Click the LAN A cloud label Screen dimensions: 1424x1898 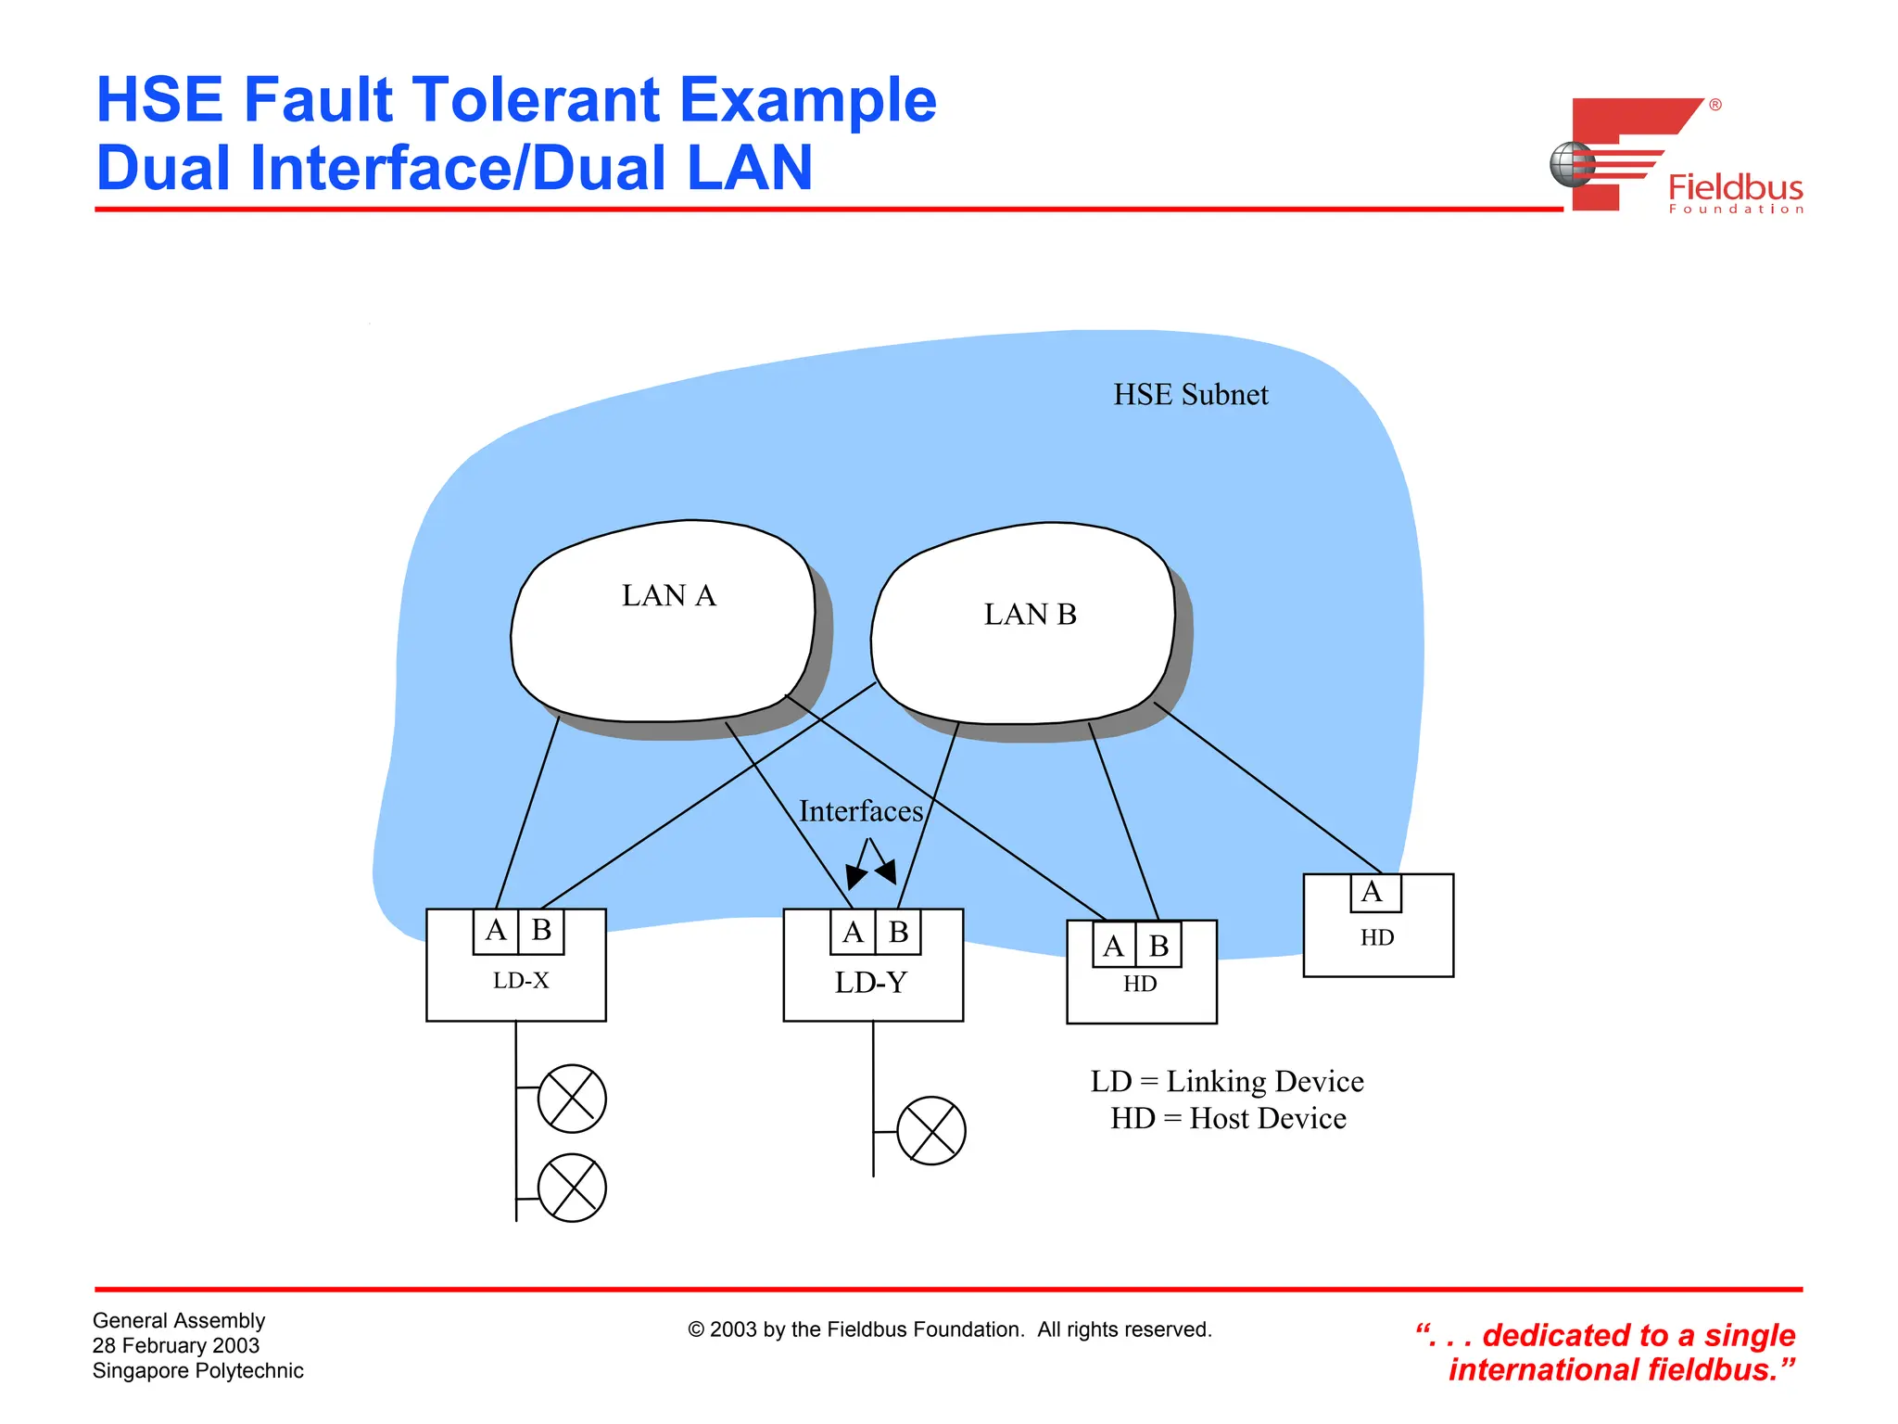[x=668, y=595]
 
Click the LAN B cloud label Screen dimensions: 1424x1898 [x=1030, y=614]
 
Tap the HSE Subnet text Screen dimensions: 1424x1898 [x=1190, y=395]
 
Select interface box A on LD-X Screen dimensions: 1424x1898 [x=496, y=931]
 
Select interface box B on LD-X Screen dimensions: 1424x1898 [x=541, y=931]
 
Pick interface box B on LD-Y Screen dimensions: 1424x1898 [x=898, y=932]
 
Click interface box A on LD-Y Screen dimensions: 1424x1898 [x=853, y=932]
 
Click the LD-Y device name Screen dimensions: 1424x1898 [x=870, y=983]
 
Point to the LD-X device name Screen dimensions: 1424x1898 [x=521, y=981]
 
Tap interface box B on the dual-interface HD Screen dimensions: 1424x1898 [x=1158, y=946]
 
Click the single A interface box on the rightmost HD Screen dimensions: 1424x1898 [x=1374, y=893]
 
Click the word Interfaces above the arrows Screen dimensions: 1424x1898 [x=861, y=811]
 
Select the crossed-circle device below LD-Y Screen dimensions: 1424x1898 [x=931, y=1131]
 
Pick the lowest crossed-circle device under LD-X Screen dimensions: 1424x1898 [x=572, y=1188]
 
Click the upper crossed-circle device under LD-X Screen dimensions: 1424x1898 [x=572, y=1099]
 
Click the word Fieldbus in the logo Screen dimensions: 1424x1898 [x=1735, y=188]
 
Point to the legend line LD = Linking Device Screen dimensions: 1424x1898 [x=1227, y=1082]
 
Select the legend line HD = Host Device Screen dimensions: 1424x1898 [x=1228, y=1119]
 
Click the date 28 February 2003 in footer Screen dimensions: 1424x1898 [x=176, y=1345]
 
